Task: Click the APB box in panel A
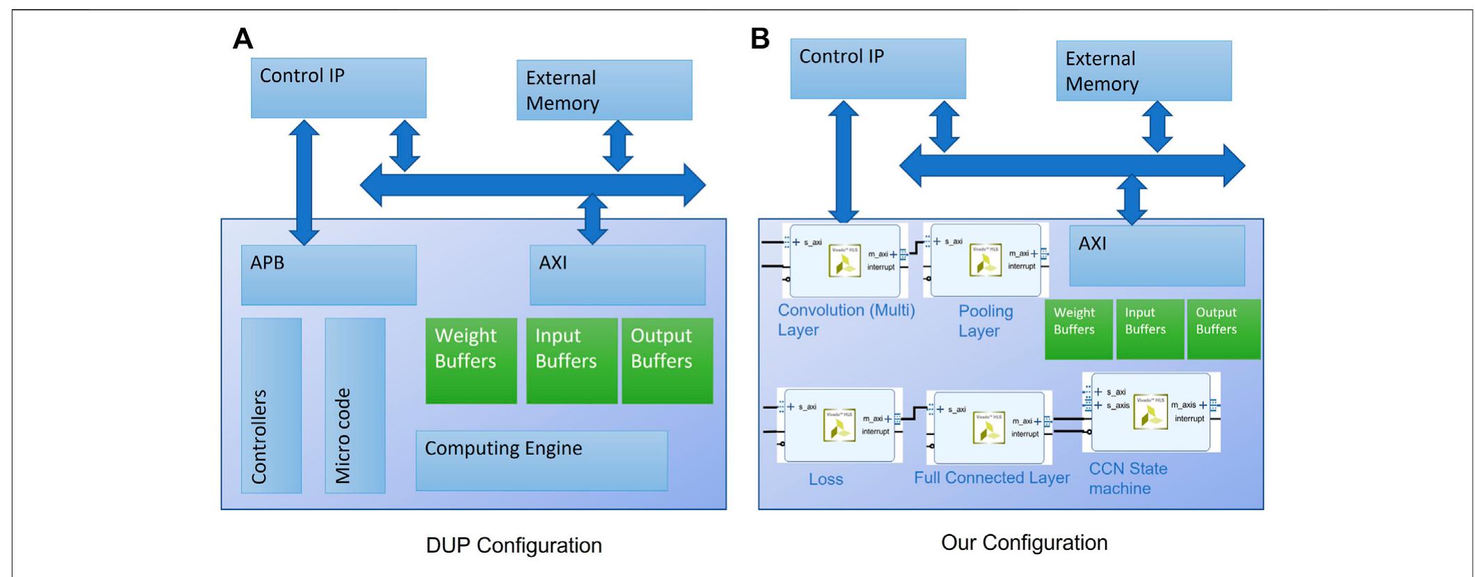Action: (x=328, y=275)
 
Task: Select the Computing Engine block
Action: (x=541, y=460)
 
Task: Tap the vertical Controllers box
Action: (x=271, y=405)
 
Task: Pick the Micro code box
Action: (x=355, y=405)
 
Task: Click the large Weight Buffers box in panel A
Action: (x=471, y=360)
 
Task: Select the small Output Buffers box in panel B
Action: (x=1223, y=329)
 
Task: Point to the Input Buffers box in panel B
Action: (x=1149, y=329)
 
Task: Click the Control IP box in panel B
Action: (x=877, y=68)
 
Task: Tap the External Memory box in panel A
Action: (x=603, y=90)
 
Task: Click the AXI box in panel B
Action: (x=1156, y=255)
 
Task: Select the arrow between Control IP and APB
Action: (x=304, y=182)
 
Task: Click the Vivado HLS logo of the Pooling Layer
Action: (x=985, y=262)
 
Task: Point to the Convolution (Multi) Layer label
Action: (x=845, y=320)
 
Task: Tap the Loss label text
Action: (x=825, y=479)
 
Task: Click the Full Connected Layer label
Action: (x=991, y=478)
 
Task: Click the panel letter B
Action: (x=760, y=39)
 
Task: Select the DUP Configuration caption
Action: (x=514, y=545)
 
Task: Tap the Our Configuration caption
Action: (x=1024, y=542)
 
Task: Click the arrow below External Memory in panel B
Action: (x=1157, y=127)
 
